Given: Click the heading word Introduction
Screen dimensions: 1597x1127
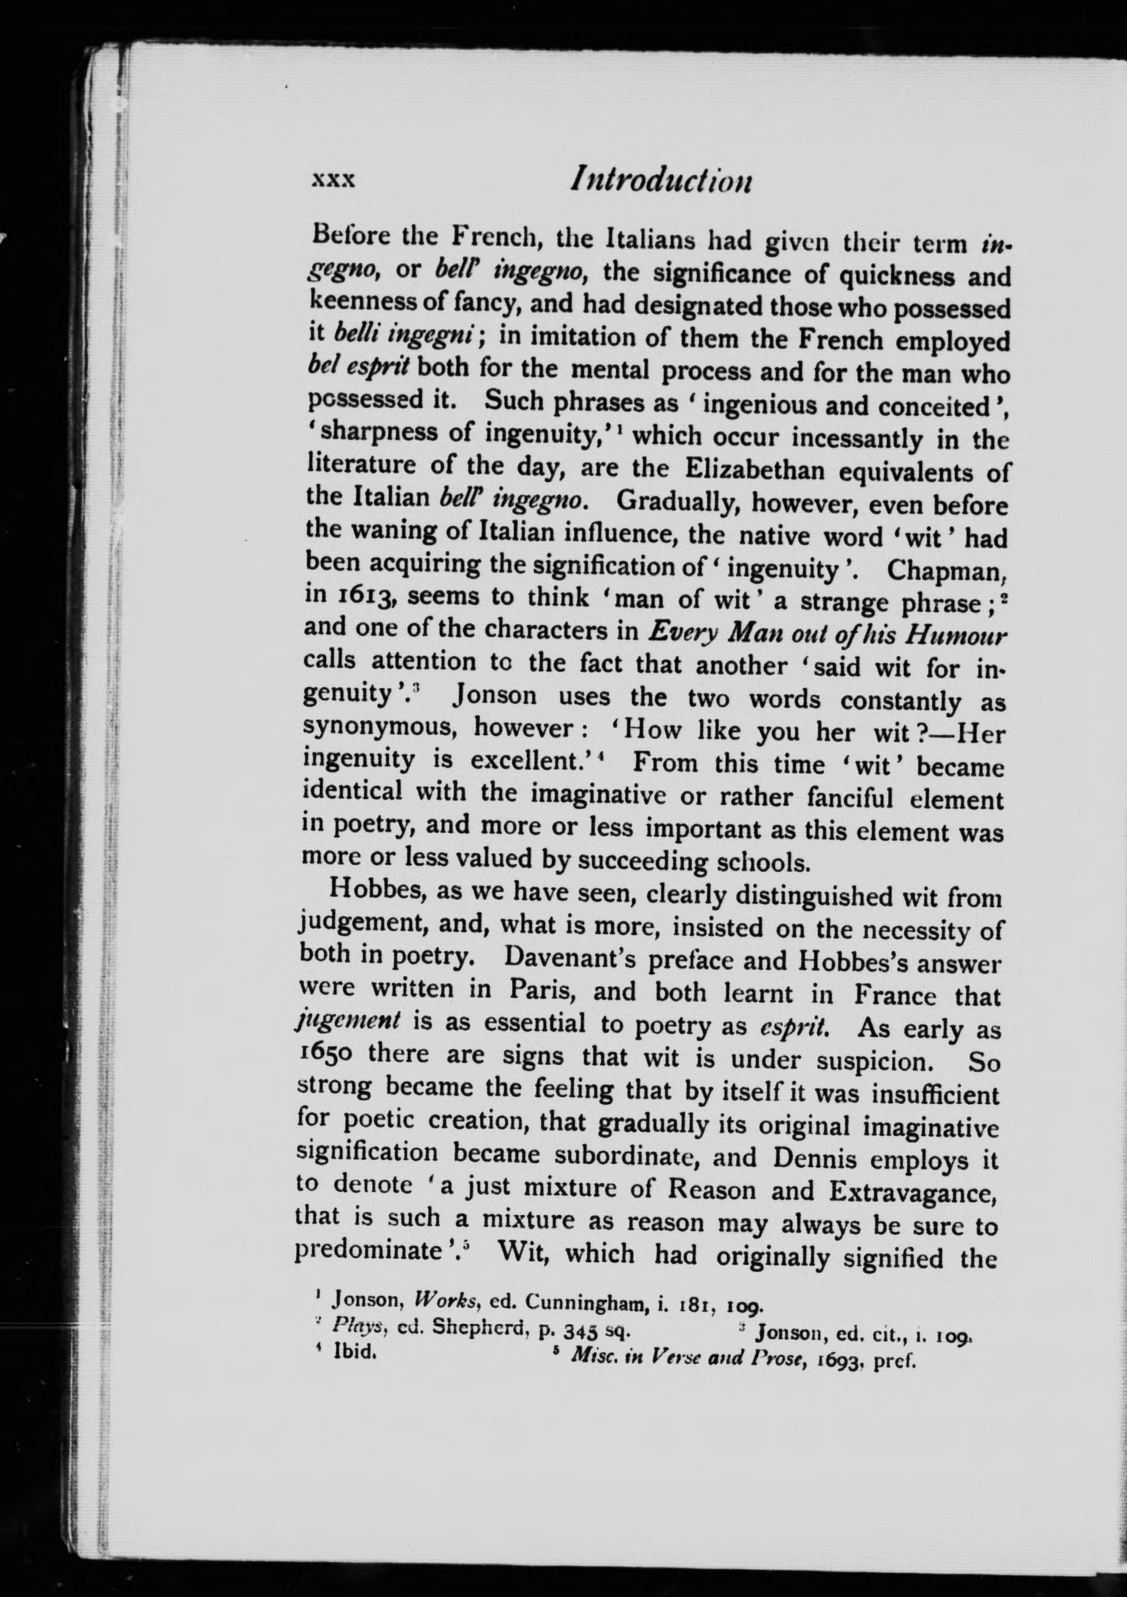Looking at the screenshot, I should [660, 182].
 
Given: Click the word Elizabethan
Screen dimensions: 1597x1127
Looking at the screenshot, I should [754, 471].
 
